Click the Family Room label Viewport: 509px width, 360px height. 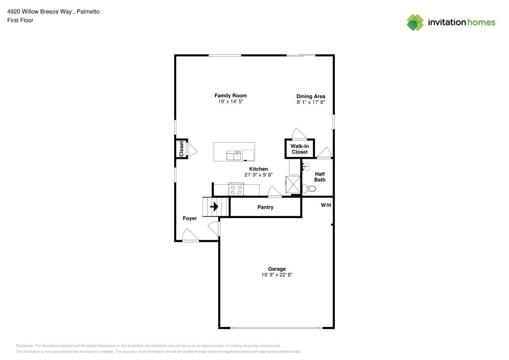coord(231,96)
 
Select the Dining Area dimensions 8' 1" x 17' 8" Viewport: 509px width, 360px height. coord(310,102)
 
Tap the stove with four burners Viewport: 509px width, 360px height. coord(237,189)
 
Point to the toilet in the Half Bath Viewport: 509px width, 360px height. coord(309,189)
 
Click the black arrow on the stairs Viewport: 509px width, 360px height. coord(214,207)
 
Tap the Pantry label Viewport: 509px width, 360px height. coord(265,207)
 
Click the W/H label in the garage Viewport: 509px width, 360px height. coord(326,205)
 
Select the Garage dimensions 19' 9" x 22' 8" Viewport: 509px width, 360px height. coord(277,275)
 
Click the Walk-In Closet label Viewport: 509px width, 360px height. coord(299,149)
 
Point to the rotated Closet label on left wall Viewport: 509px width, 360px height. coord(181,148)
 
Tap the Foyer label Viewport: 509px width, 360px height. coord(190,218)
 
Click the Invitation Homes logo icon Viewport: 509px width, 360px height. coord(415,22)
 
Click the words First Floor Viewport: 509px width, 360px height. coord(20,20)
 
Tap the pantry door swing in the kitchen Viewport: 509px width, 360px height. coord(275,191)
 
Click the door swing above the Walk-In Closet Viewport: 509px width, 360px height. coord(299,133)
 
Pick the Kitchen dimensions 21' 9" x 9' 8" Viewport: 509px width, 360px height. coord(259,175)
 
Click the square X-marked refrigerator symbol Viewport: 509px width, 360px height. coord(294,184)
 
